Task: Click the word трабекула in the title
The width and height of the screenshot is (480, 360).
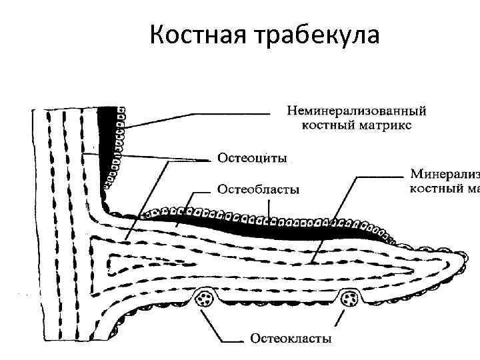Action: (317, 35)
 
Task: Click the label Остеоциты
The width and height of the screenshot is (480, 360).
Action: (253, 159)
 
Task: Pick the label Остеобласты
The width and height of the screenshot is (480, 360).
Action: (258, 189)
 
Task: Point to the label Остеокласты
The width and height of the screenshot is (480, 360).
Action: (291, 339)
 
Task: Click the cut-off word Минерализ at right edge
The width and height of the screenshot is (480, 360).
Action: (444, 175)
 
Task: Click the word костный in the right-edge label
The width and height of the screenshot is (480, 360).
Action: (434, 189)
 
